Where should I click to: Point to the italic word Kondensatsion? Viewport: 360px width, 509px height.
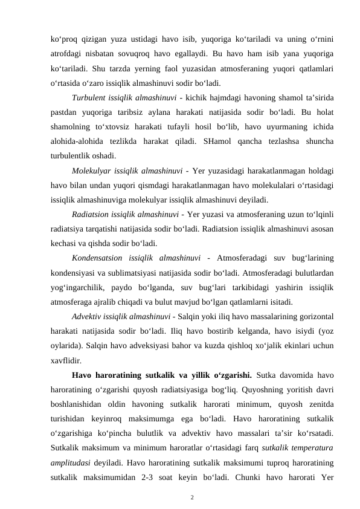[100, 259]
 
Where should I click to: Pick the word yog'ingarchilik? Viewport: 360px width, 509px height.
[82, 288]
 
